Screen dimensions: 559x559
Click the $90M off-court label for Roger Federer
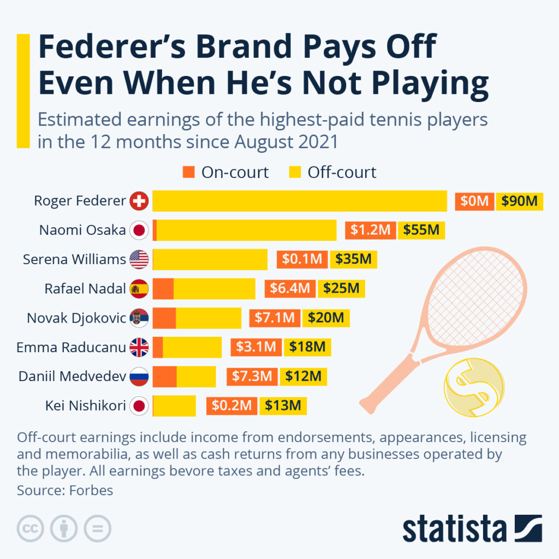519,201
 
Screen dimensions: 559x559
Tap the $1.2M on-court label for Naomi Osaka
370,230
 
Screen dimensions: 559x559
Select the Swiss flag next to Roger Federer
139,201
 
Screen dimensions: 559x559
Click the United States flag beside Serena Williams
139,259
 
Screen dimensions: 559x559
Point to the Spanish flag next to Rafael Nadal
139,288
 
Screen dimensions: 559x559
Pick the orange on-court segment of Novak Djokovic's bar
164,318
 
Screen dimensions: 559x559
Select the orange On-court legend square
188,173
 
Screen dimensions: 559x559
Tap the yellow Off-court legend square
295,173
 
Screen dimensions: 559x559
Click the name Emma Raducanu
71,347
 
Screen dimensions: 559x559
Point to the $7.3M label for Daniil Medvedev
252,376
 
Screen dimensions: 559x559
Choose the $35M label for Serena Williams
353,259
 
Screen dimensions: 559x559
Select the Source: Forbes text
64,490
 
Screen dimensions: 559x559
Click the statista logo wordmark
454,528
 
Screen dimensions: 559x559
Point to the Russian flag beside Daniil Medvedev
139,376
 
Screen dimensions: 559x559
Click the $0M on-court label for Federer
474,201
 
